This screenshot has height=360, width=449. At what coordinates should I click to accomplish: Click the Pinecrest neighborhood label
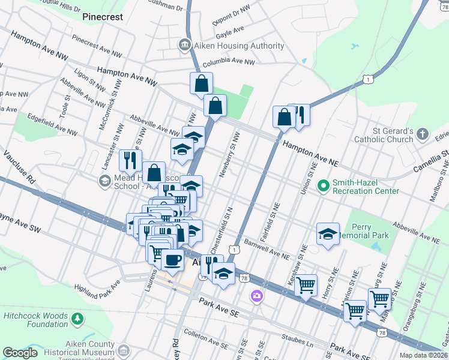click(103, 17)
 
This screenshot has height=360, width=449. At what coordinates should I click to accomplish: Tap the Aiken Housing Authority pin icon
click(184, 46)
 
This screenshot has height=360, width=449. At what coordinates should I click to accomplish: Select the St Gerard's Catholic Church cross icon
click(423, 134)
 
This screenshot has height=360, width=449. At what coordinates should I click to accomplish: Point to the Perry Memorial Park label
click(370, 232)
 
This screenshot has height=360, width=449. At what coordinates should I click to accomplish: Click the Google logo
click(20, 352)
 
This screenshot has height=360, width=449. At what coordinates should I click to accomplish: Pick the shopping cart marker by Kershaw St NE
click(306, 284)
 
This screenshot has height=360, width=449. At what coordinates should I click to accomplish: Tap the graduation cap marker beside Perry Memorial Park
click(328, 234)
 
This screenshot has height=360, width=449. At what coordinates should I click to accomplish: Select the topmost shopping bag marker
click(201, 83)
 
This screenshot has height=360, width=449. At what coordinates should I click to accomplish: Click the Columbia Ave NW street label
click(229, 62)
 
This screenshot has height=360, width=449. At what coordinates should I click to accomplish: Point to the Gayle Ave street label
click(231, 29)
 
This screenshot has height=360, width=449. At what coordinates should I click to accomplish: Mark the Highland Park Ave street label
click(97, 286)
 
